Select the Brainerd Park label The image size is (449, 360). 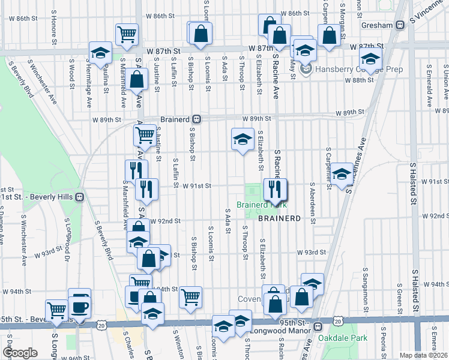pos(258,205)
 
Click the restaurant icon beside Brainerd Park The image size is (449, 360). pos(276,191)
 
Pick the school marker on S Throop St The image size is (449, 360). pos(242,140)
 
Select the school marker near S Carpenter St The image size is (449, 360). pos(342,175)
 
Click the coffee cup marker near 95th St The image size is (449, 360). pos(79,307)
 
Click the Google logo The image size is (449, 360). pos(20,353)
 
